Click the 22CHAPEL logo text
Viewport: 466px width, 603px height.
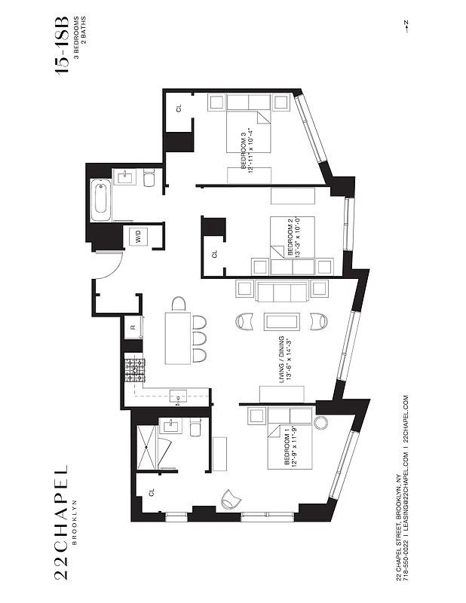click(x=63, y=521)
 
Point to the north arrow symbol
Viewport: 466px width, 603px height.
click(x=406, y=27)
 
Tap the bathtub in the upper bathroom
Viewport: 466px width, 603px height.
click(x=101, y=200)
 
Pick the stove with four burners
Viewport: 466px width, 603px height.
click(x=135, y=369)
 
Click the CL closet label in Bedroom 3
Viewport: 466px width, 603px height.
click(x=179, y=108)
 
